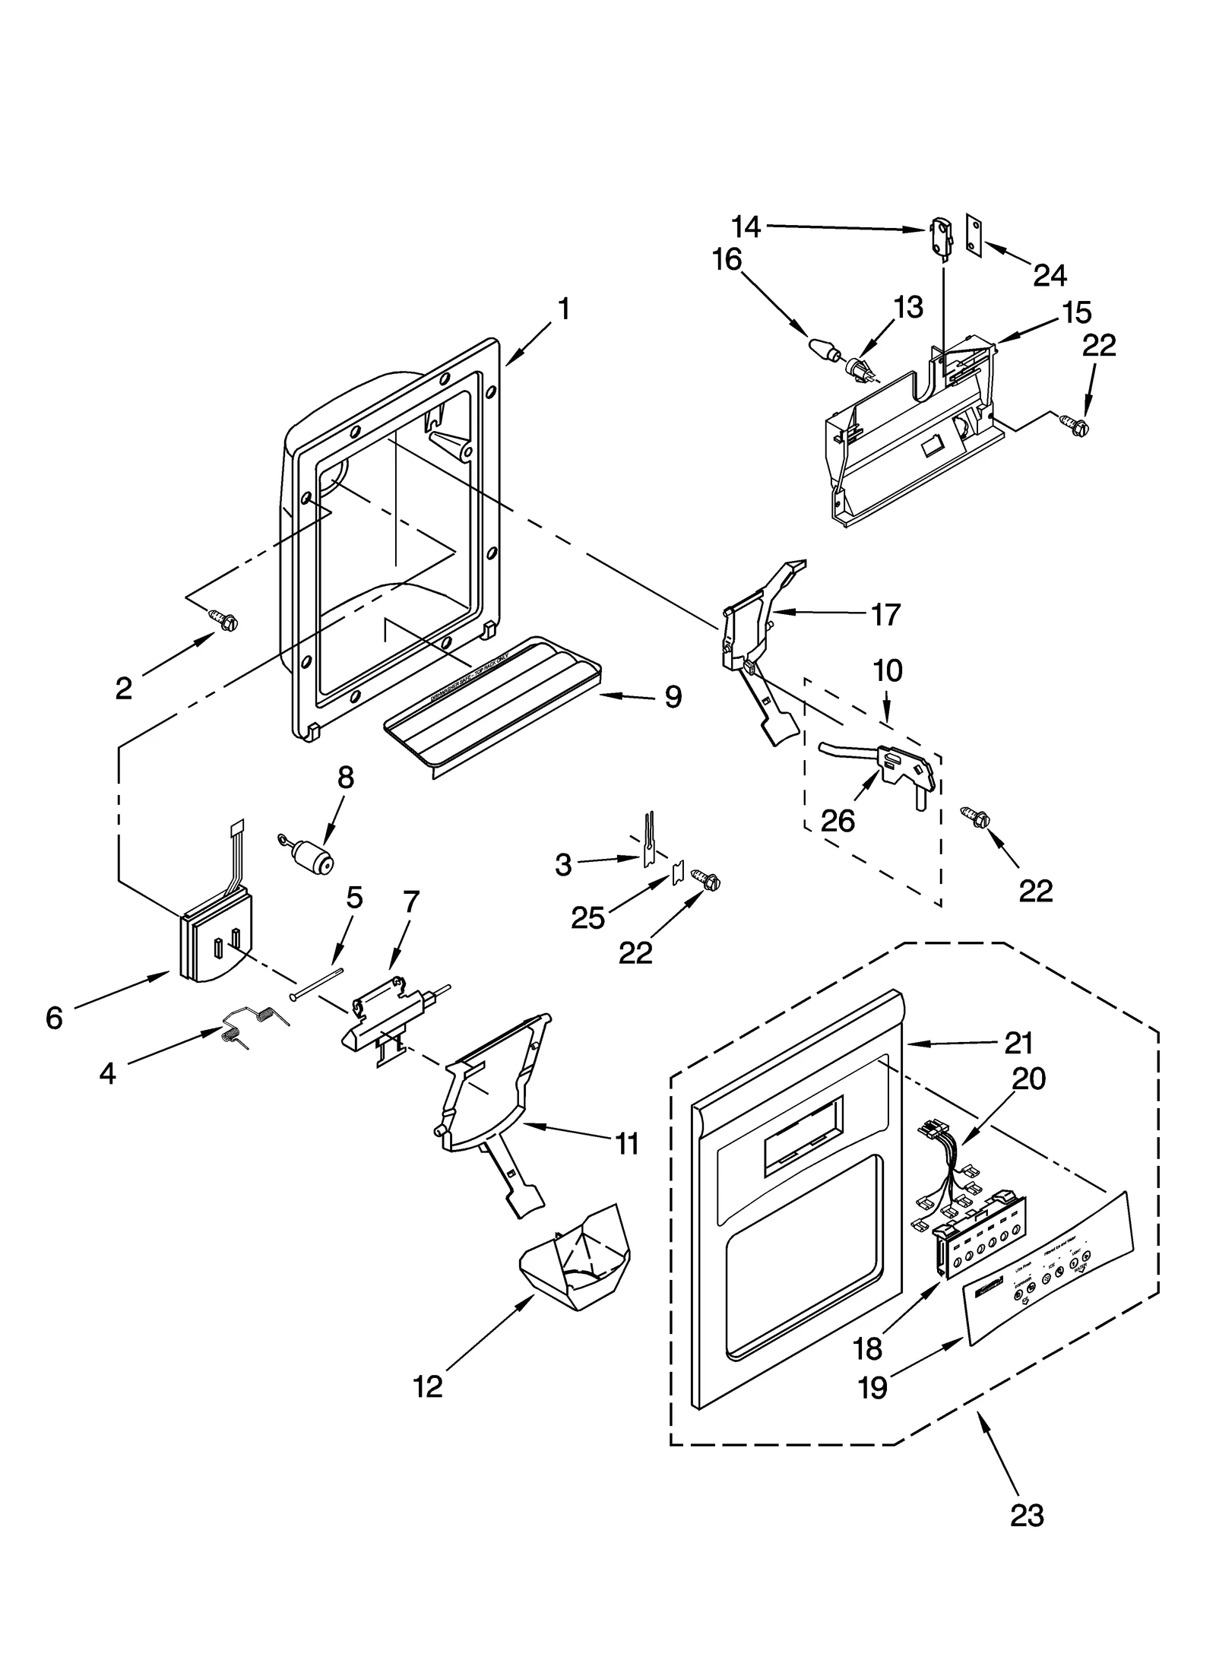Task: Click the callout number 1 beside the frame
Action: pyautogui.click(x=563, y=309)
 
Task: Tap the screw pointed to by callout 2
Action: pyautogui.click(x=224, y=621)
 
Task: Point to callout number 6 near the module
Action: pyautogui.click(x=54, y=1018)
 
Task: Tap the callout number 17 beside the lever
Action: pyautogui.click(x=885, y=614)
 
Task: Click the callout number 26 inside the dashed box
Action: pyautogui.click(x=838, y=821)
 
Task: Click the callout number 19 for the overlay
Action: pyautogui.click(x=872, y=1388)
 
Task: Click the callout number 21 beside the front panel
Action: pyautogui.click(x=1018, y=1044)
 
